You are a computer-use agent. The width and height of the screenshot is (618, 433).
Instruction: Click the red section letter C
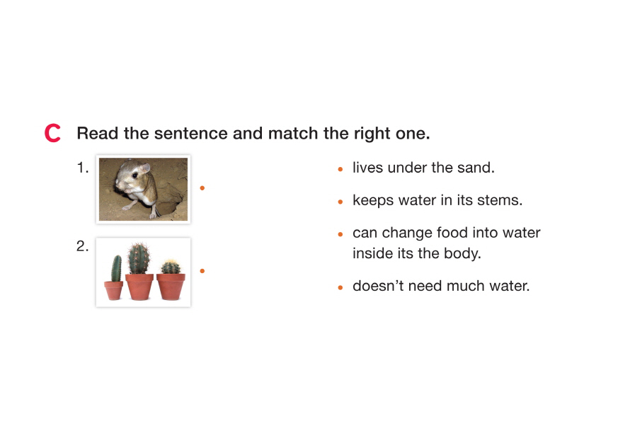point(52,133)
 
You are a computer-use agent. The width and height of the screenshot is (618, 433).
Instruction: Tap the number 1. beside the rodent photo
point(83,168)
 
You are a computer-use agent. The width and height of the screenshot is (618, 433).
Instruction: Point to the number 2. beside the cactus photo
point(82,246)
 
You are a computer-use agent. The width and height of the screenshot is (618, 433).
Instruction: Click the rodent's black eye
point(135,175)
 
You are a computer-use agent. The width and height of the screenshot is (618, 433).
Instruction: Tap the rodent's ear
point(145,168)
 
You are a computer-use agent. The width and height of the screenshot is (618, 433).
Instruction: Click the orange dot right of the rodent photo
point(202,188)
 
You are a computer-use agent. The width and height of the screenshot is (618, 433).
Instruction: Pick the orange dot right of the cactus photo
point(202,271)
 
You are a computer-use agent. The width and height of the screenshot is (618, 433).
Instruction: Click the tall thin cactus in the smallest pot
point(116,268)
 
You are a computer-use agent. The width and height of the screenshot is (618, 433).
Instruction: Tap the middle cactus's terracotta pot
point(139,287)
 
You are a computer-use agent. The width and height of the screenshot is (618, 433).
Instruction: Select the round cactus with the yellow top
point(171,267)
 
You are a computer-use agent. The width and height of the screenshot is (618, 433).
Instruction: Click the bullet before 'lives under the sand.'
point(341,169)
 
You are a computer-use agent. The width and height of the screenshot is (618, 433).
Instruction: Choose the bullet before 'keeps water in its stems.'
point(341,202)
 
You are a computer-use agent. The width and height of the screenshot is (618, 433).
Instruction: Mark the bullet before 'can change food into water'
point(341,234)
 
